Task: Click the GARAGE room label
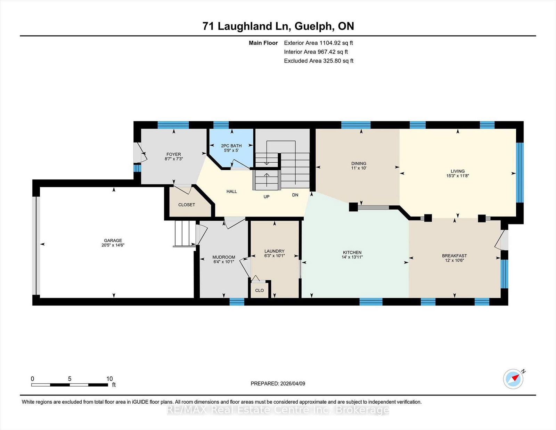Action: (x=113, y=240)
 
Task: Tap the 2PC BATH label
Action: (x=231, y=146)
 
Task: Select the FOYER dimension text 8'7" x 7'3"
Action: (x=174, y=159)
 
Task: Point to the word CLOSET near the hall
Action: (x=187, y=205)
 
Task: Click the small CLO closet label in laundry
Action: (x=259, y=290)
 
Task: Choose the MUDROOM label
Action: (x=224, y=257)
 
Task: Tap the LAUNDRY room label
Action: (x=274, y=251)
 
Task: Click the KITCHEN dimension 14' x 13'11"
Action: (x=352, y=257)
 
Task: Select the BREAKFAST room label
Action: (x=454, y=255)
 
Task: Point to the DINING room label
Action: (x=359, y=163)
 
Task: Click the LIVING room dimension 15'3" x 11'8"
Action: (x=458, y=176)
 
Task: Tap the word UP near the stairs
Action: (x=267, y=197)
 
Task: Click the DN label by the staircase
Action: (x=295, y=195)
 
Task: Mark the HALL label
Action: (x=232, y=192)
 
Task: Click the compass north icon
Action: (x=513, y=379)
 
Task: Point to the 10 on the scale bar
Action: (x=109, y=379)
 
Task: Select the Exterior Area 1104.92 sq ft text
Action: (x=318, y=43)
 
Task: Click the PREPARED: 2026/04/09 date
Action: (x=278, y=383)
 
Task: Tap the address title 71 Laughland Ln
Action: (x=247, y=26)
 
